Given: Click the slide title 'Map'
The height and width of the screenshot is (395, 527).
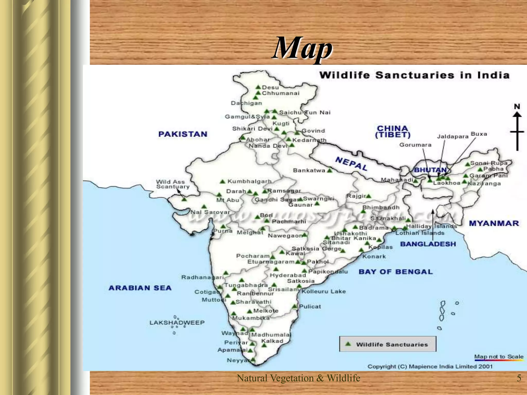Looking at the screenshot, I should coord(302,48).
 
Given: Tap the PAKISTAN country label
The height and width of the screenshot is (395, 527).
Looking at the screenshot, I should coord(183,134).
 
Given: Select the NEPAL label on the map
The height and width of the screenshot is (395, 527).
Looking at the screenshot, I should coord(351,164).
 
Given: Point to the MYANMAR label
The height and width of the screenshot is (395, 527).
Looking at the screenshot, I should coord(494,223).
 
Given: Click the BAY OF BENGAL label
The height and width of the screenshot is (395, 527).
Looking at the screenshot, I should coord(396,272).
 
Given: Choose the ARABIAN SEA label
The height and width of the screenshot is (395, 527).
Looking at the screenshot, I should coord(140,288).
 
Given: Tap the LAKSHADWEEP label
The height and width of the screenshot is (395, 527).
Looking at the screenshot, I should coord(177,322).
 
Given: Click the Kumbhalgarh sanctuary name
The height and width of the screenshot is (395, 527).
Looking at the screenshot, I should coord(249,182).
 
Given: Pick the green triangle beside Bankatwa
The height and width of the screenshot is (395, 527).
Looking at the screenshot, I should coord(330,170).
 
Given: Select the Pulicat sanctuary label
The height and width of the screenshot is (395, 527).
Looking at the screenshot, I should coord(310,307).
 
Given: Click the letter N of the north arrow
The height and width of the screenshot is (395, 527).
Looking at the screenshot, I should coord(517,106).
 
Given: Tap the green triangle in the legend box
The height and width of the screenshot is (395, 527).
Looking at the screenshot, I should coord(348,344).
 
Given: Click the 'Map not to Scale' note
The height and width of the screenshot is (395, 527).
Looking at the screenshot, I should coord(499,357).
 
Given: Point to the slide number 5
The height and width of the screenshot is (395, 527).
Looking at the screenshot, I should coord(519,378).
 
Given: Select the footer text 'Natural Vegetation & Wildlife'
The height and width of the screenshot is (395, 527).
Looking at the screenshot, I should coord(298,378).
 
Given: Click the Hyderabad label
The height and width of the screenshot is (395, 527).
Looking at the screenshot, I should coord(288,275).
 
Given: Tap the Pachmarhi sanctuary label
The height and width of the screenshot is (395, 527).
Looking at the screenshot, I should coord(289,222).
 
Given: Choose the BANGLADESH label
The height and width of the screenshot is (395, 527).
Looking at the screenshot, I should coord(428,244).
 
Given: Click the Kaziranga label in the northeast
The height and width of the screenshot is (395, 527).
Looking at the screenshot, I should coord(484,184).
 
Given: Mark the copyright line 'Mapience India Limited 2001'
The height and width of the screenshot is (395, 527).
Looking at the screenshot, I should coord(451,366).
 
